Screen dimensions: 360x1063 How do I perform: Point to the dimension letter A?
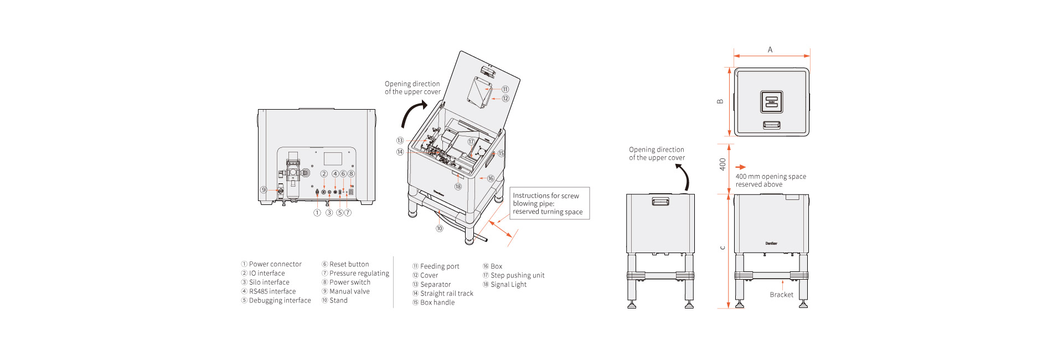(770, 50)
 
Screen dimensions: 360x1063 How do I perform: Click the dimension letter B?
(720, 101)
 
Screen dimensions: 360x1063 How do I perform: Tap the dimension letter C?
(723, 248)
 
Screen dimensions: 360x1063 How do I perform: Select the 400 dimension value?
(723, 164)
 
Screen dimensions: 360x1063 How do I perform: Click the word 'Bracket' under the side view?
(781, 295)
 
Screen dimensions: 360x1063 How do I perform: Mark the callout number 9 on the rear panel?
(264, 190)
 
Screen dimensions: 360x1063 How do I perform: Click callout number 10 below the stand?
(440, 228)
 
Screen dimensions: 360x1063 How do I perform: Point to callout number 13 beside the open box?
(400, 141)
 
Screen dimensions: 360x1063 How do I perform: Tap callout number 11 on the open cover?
(505, 89)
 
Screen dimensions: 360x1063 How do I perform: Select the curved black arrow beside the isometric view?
(412, 114)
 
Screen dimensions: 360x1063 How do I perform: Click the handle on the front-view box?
(660, 202)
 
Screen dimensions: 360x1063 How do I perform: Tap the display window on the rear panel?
(333, 158)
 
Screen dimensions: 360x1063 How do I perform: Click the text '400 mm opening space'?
(771, 177)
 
